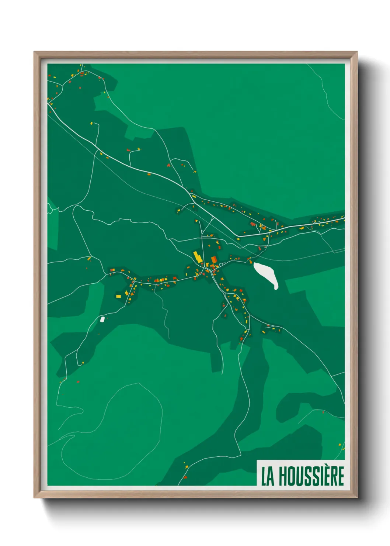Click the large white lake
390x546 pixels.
click(x=266, y=274)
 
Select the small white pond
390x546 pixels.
click(x=102, y=319)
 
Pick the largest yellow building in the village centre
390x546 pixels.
click(x=198, y=257)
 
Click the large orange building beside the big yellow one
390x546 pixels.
click(x=213, y=260)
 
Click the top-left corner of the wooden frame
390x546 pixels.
click(x=35, y=52)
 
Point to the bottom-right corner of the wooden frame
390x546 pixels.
click(x=356, y=497)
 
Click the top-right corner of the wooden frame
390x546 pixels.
click(x=356, y=52)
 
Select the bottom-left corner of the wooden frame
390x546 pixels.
click(x=35, y=497)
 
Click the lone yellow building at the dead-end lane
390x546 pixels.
click(x=91, y=123)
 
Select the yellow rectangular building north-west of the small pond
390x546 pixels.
click(x=118, y=296)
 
